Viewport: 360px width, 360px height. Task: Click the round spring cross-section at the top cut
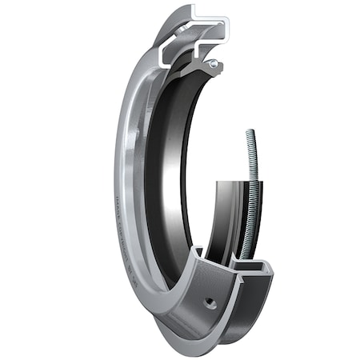(x=214, y=63)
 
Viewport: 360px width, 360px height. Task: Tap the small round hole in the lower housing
(x=210, y=302)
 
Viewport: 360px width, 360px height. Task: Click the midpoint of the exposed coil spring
(x=255, y=192)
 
